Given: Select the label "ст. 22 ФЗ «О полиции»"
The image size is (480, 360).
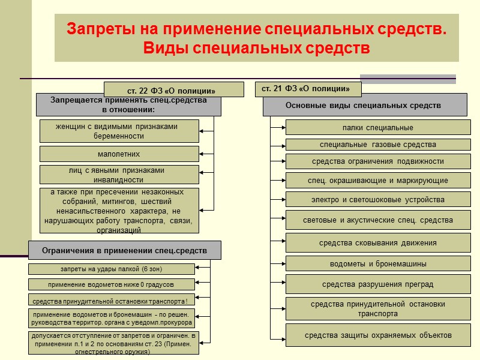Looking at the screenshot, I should [174, 90].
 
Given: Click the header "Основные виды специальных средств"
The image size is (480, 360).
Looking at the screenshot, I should [365, 105].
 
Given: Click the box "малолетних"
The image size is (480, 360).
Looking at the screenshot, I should [119, 154].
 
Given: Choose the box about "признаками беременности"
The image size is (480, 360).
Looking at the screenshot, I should [119, 131].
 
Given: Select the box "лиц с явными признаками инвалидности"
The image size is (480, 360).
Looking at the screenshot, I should [119, 175].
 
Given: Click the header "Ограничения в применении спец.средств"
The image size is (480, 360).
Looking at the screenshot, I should [125, 250].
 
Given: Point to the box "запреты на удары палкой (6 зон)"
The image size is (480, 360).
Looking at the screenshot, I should [112, 268].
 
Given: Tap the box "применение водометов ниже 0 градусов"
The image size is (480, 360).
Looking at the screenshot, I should [112, 284].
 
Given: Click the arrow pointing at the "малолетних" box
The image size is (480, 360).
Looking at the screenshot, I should [206, 154].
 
